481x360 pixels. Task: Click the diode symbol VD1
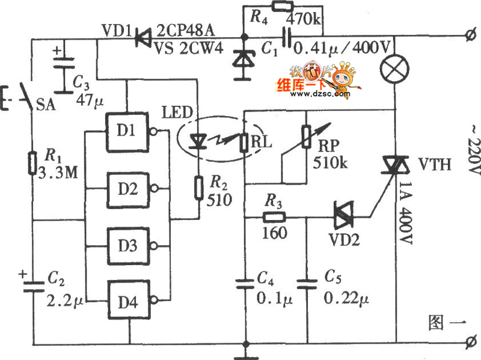[142, 38]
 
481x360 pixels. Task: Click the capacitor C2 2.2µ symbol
[32, 284]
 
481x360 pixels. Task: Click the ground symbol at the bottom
[245, 350]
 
